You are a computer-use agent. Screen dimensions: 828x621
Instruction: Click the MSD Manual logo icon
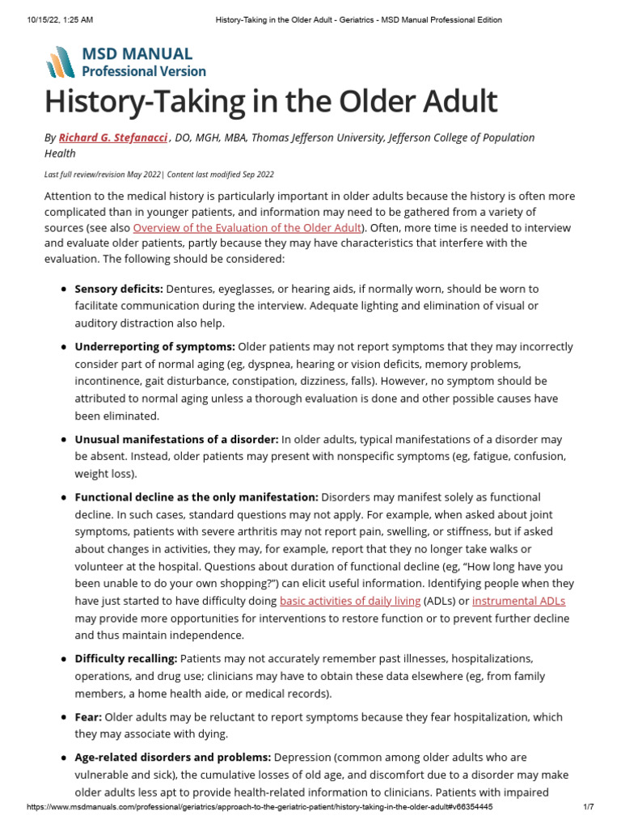(x=61, y=62)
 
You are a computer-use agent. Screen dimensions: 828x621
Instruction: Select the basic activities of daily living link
(x=349, y=601)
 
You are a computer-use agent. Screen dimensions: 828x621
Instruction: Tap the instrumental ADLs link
(x=518, y=601)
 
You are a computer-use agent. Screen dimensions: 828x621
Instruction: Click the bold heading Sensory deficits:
(x=119, y=289)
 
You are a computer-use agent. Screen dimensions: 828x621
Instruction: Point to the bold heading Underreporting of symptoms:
(x=155, y=346)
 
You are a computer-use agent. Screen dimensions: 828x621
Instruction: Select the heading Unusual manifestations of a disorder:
(x=176, y=439)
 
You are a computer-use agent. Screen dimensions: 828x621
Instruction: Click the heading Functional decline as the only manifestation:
(x=196, y=496)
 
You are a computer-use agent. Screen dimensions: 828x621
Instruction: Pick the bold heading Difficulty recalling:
(x=126, y=659)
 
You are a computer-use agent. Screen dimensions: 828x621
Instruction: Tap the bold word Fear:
(x=88, y=717)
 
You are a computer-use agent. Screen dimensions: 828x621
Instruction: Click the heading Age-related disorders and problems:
(x=173, y=758)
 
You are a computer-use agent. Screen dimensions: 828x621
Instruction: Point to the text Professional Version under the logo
(x=144, y=71)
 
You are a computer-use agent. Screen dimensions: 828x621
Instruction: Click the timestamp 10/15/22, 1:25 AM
(x=57, y=19)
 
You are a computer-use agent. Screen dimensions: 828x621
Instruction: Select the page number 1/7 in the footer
(x=588, y=807)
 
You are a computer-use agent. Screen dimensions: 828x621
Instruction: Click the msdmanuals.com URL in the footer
(x=260, y=807)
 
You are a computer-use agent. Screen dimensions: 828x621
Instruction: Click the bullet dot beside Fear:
(x=64, y=717)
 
